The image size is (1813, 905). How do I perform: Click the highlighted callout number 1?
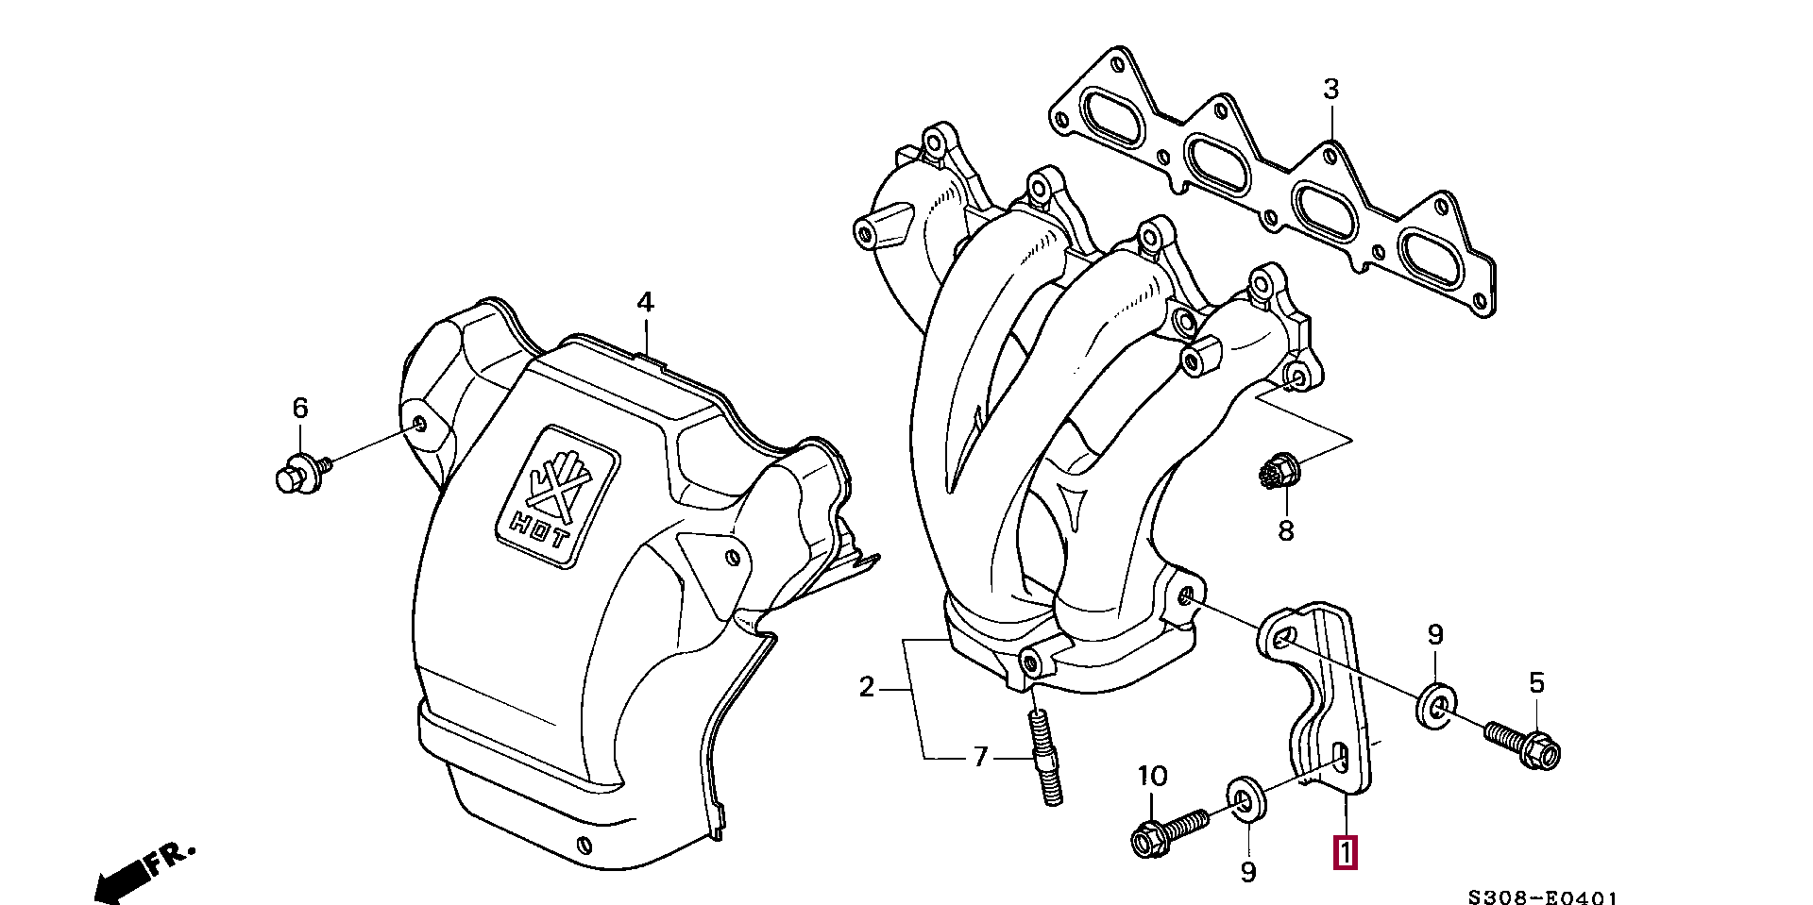pyautogui.click(x=1345, y=852)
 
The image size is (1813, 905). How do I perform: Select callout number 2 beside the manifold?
pyautogui.click(x=867, y=688)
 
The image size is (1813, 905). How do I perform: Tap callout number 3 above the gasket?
pyautogui.click(x=1330, y=91)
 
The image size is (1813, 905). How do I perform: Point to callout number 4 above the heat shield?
pyautogui.click(x=644, y=303)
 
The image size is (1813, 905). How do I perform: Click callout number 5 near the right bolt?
pyautogui.click(x=1536, y=682)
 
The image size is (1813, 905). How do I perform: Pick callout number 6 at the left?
pyautogui.click(x=299, y=409)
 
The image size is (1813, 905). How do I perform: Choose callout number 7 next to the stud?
pyautogui.click(x=979, y=756)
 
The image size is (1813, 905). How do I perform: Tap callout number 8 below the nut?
pyautogui.click(x=1285, y=531)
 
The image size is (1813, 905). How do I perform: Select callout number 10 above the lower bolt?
pyautogui.click(x=1152, y=777)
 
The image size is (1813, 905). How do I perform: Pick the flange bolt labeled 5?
pyautogui.click(x=1521, y=742)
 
